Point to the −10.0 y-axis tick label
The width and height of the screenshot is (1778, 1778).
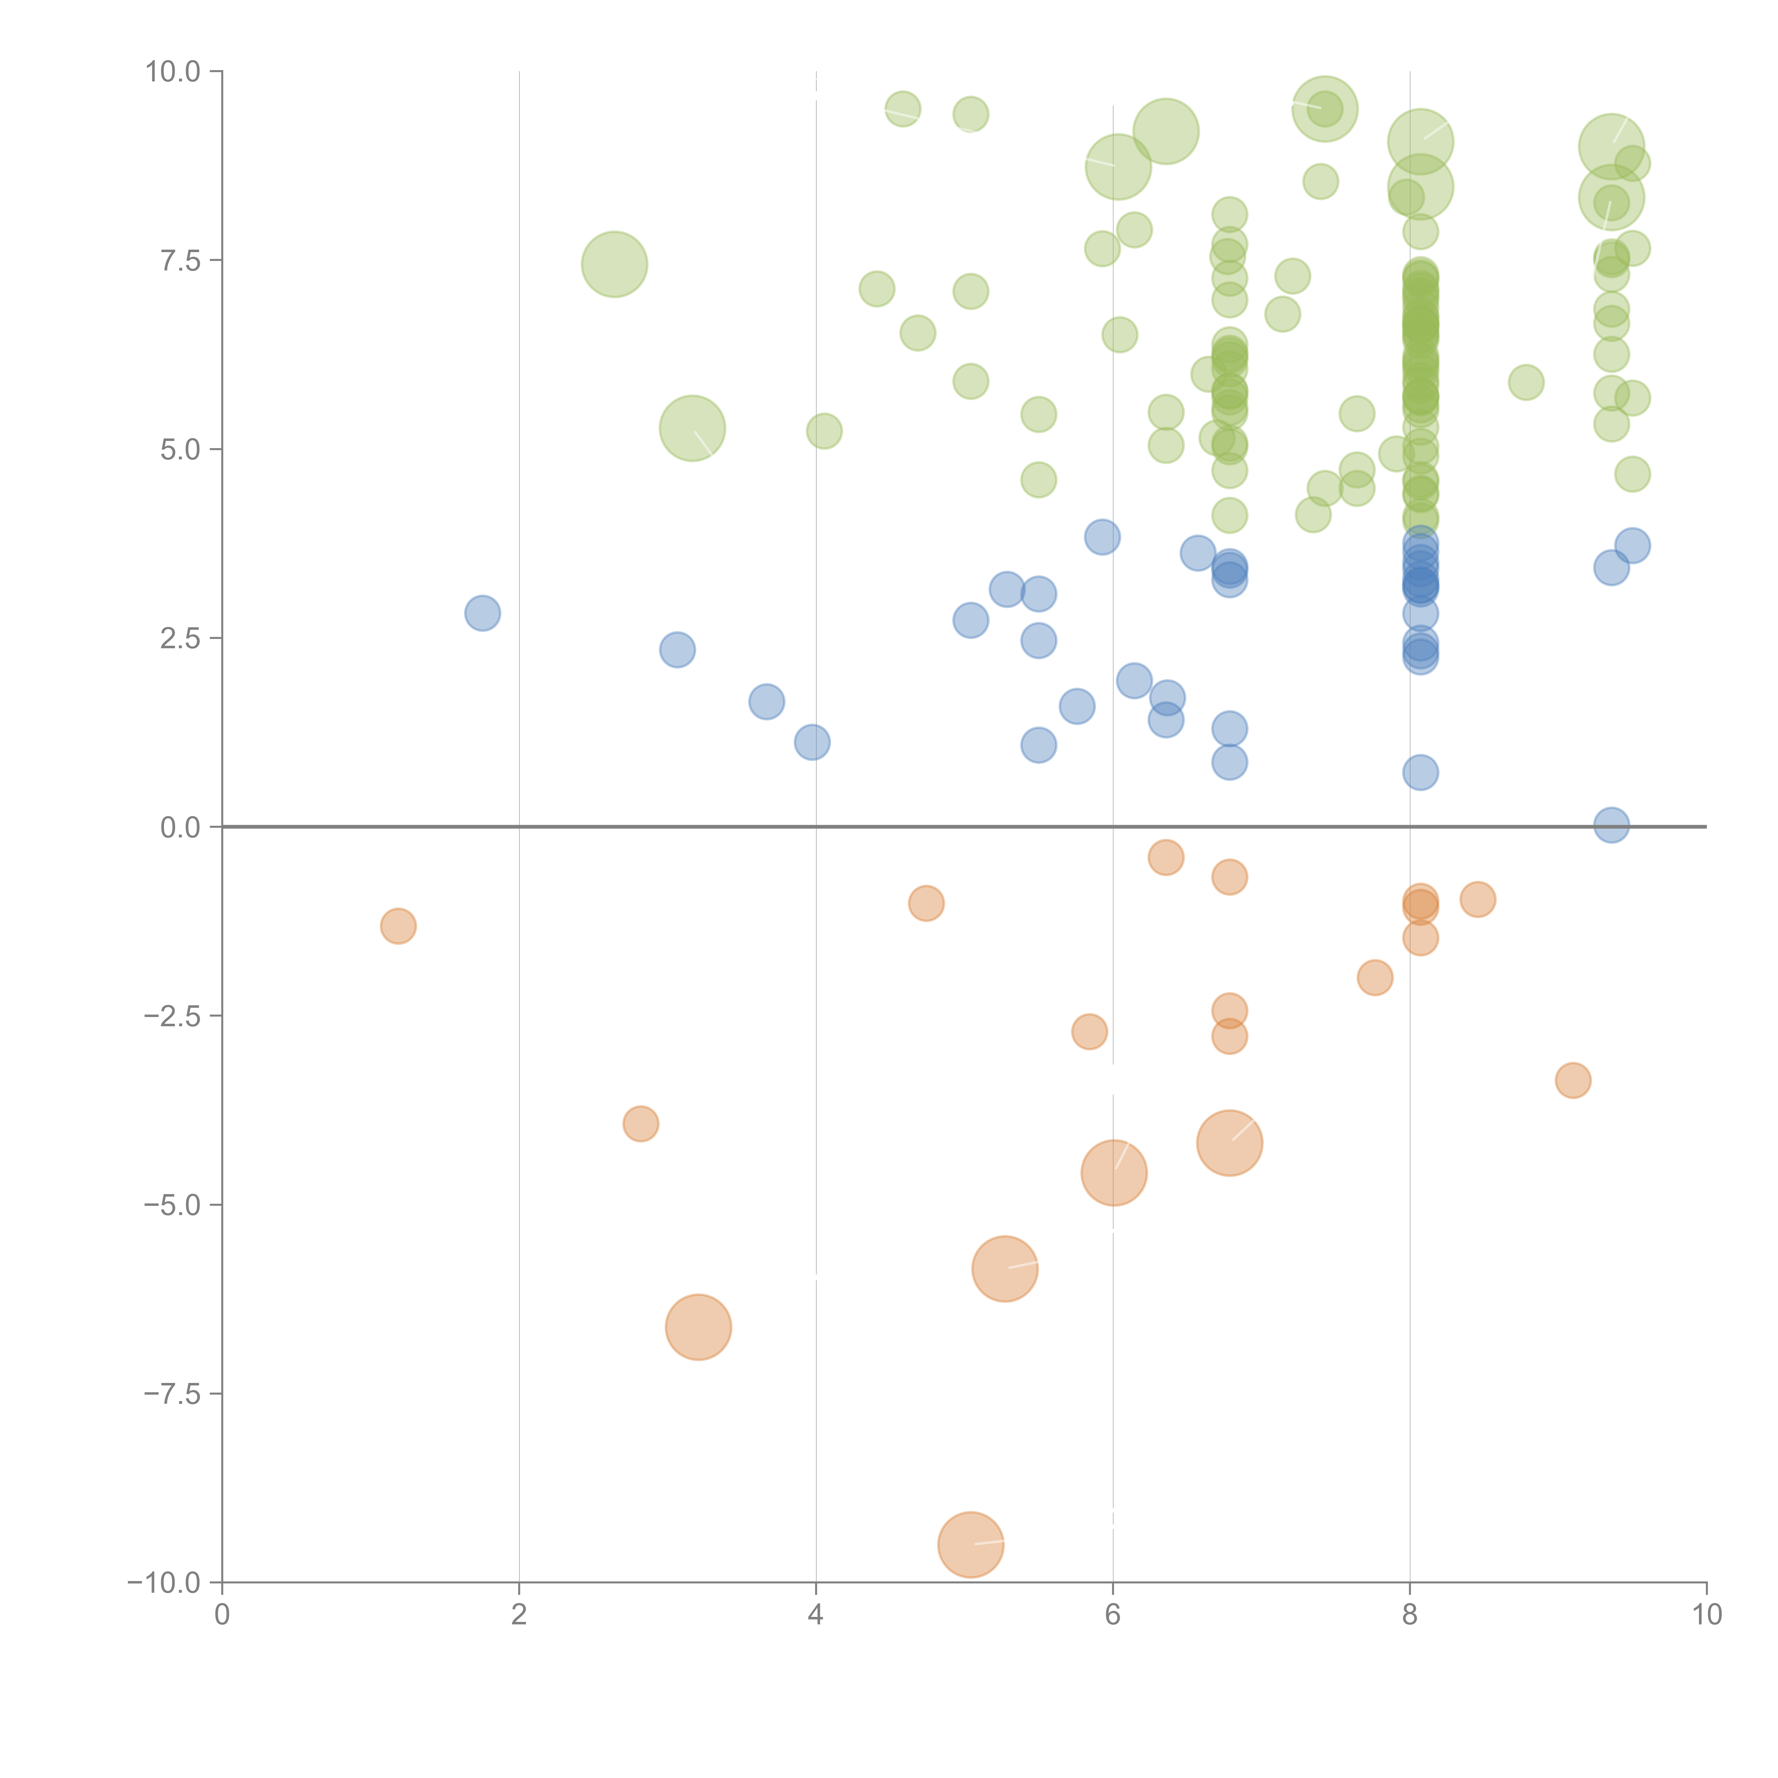click(164, 1583)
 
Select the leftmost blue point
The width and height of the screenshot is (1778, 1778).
click(482, 613)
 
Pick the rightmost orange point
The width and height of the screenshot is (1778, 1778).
click(1573, 1080)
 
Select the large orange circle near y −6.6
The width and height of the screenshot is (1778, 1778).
click(698, 1327)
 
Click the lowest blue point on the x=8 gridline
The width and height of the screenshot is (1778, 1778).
click(1420, 772)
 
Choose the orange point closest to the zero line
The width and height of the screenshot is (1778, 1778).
click(1166, 858)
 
